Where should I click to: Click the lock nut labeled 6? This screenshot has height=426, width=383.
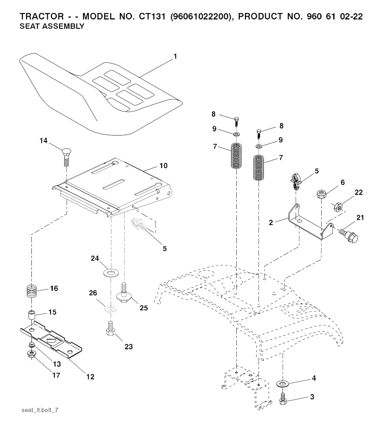coord(321,194)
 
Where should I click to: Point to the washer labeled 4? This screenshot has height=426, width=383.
coord(284,383)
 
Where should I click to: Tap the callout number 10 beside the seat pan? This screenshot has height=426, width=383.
coord(163,165)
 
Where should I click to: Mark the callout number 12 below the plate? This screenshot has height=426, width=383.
coord(90,377)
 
